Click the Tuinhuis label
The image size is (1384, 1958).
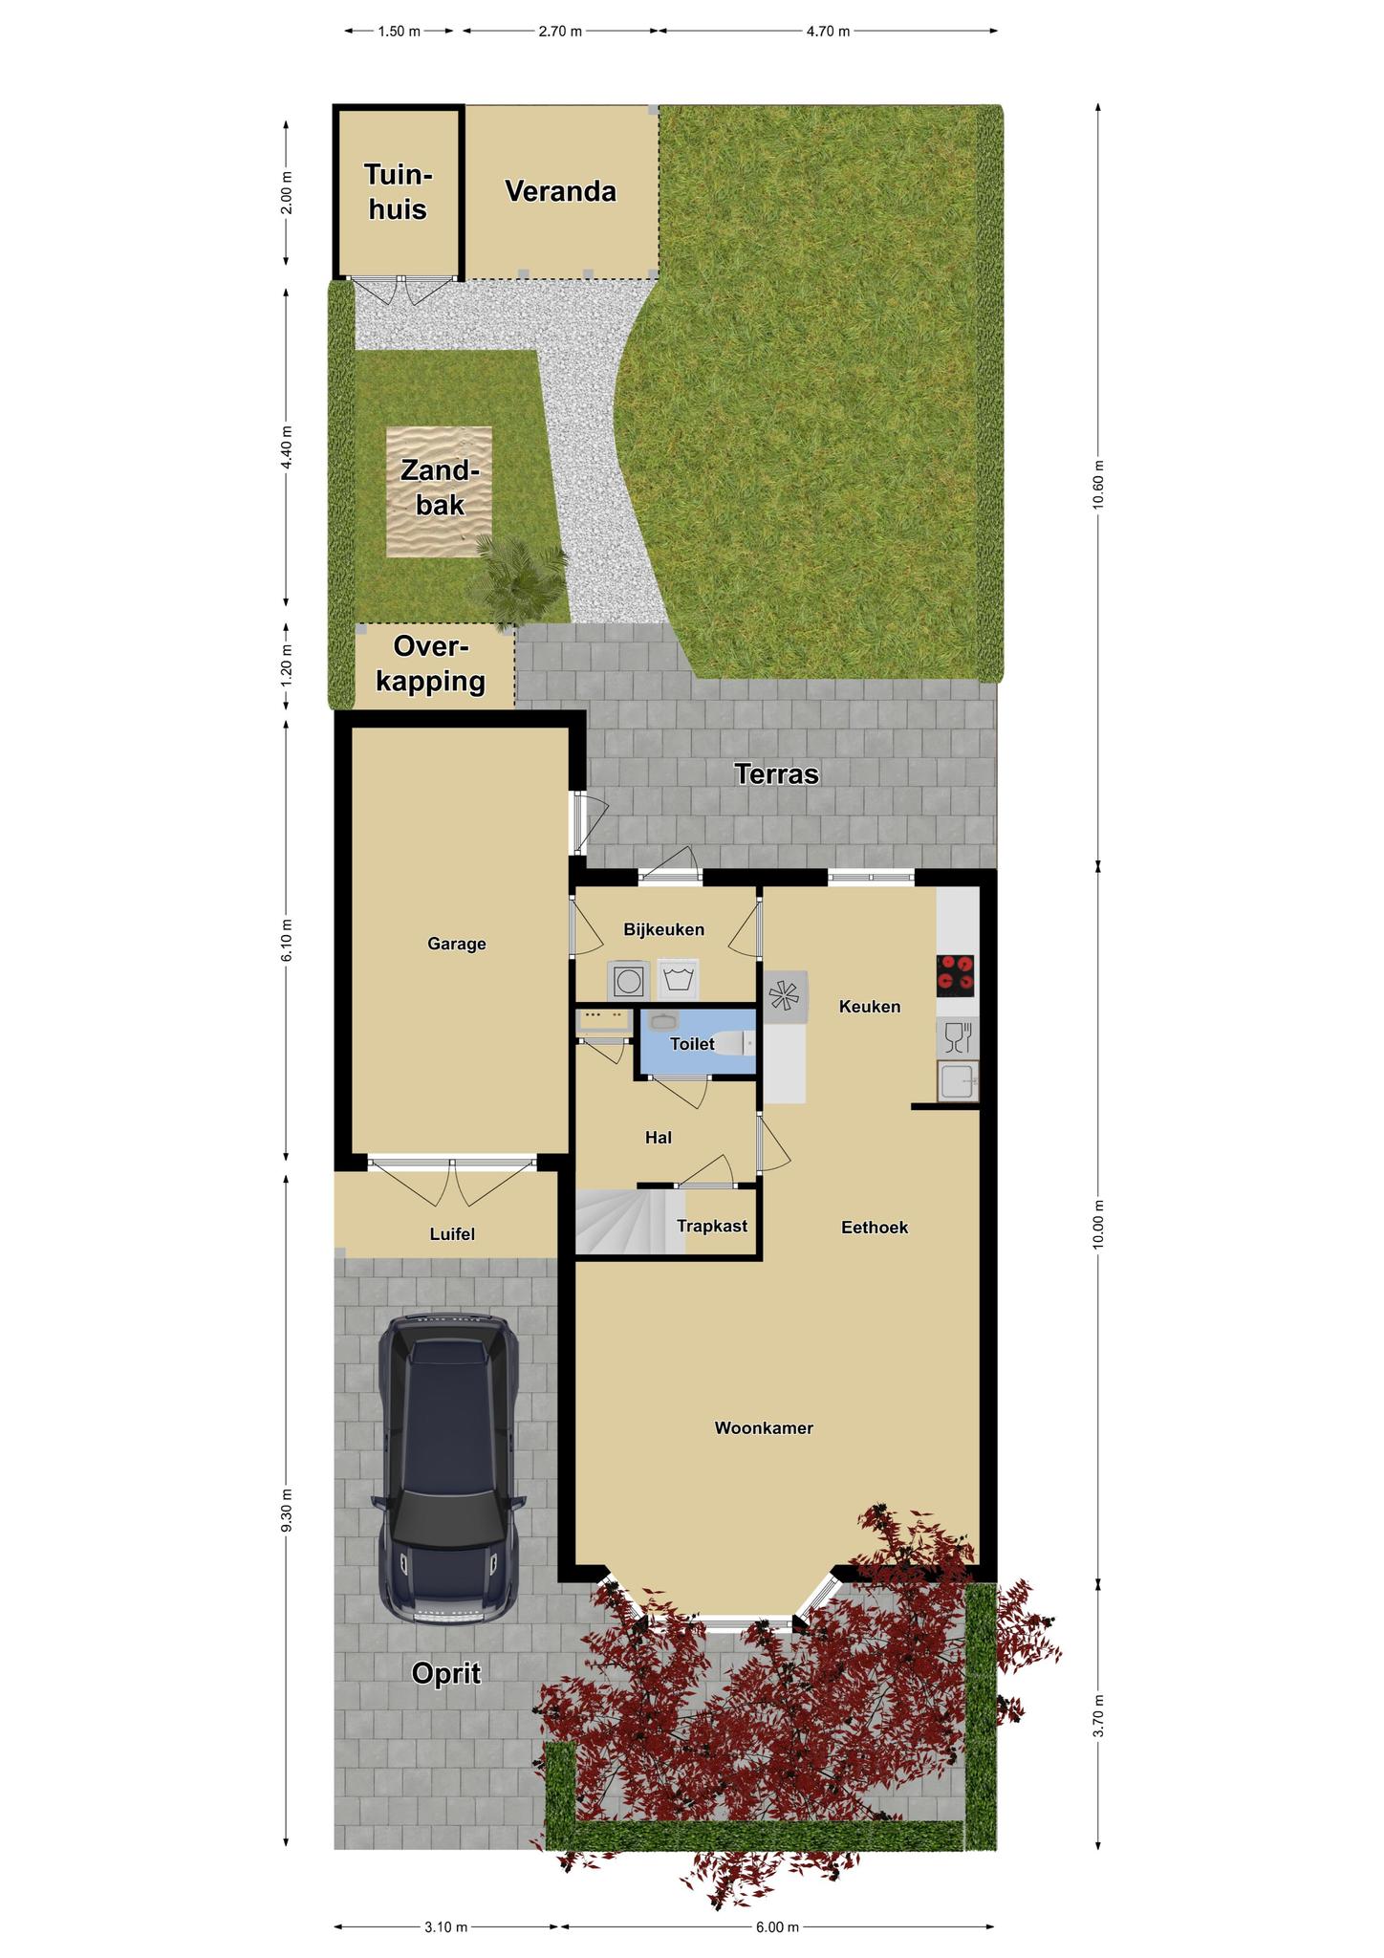(x=398, y=191)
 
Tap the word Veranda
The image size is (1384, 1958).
(x=560, y=191)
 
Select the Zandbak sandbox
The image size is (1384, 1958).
(x=440, y=490)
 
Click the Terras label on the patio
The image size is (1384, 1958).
(x=776, y=773)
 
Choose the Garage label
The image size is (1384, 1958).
(x=457, y=944)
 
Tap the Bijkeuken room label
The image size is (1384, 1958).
(x=663, y=929)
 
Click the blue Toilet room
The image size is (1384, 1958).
(x=698, y=1043)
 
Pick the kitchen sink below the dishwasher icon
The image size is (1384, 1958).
(x=958, y=1082)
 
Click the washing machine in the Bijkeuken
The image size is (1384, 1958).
(x=628, y=980)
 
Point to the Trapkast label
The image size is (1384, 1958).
(x=712, y=1226)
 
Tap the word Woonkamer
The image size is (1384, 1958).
(x=764, y=1428)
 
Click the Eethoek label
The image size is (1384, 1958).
(x=875, y=1228)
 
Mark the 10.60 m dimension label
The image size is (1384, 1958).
(x=1099, y=486)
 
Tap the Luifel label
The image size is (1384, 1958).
(x=452, y=1234)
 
